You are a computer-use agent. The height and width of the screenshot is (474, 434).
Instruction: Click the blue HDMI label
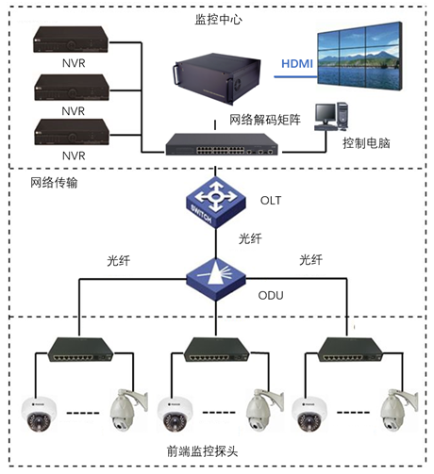click(x=297, y=64)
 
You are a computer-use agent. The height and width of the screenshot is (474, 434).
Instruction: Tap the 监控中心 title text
click(x=218, y=20)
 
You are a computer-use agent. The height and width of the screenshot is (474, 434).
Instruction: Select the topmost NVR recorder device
click(x=71, y=40)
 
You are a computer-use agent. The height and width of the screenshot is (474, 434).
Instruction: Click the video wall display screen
click(x=359, y=56)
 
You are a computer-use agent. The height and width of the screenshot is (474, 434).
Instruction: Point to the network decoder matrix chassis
click(x=217, y=78)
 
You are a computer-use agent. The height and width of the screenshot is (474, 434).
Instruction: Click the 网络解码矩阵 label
click(x=265, y=120)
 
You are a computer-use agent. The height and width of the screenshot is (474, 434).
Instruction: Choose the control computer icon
click(x=331, y=116)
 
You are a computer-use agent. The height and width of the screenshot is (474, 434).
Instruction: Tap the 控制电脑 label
click(x=366, y=143)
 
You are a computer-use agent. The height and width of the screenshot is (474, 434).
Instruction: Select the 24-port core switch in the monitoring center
click(x=222, y=144)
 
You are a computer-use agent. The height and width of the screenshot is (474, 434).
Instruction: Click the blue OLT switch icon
click(x=216, y=203)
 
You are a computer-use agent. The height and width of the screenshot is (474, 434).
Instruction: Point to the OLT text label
click(x=271, y=200)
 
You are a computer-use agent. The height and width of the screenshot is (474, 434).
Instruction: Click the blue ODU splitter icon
click(x=216, y=279)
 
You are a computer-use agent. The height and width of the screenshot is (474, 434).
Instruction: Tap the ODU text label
click(x=271, y=295)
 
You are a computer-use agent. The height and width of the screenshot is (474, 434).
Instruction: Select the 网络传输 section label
click(x=54, y=183)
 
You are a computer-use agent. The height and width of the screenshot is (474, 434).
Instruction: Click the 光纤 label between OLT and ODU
click(x=250, y=238)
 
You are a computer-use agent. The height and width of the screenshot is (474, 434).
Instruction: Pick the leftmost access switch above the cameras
click(x=80, y=350)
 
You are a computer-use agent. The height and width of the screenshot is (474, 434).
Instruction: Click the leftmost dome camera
click(x=39, y=414)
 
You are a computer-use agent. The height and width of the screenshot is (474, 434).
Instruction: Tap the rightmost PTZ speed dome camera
click(x=399, y=410)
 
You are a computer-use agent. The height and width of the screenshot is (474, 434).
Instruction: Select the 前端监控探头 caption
click(x=202, y=451)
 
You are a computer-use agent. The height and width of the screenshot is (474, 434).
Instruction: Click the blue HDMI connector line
click(x=295, y=76)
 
